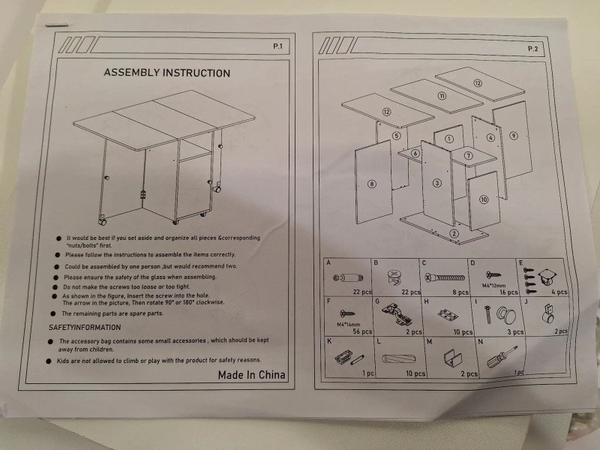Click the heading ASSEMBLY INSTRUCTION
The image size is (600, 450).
click(166, 73)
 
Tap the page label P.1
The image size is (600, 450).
click(277, 46)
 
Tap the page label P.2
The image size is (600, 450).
click(533, 49)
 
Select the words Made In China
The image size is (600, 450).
click(251, 374)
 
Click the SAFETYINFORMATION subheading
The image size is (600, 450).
click(85, 328)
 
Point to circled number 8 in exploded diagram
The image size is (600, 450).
click(372, 183)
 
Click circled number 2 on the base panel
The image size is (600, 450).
click(454, 233)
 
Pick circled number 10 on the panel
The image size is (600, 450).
click(484, 199)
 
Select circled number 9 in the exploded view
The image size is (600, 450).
click(514, 136)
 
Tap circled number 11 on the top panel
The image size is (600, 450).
click(442, 97)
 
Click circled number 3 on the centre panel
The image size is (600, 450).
click(436, 183)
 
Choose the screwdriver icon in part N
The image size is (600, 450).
click(495, 357)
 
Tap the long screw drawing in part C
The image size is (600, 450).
click(445, 277)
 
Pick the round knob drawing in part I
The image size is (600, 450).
click(496, 315)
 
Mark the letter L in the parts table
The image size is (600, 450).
click(378, 342)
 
